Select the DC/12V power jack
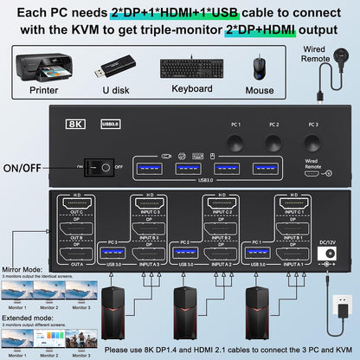(x=328, y=254)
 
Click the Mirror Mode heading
(x=22, y=270)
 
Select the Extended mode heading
(x=26, y=315)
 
